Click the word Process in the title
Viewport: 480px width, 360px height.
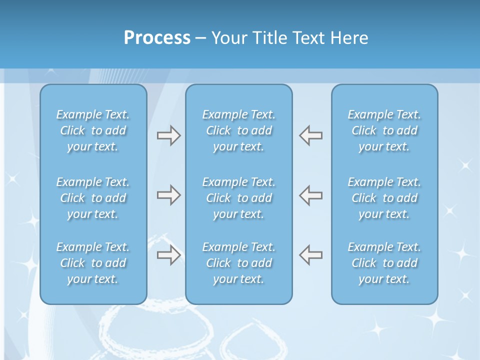point(157,38)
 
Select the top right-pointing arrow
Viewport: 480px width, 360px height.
point(169,135)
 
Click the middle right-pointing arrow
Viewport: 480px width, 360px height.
point(169,194)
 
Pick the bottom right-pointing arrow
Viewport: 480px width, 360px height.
point(169,254)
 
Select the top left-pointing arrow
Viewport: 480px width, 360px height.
point(310,135)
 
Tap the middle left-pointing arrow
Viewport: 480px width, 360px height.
point(310,194)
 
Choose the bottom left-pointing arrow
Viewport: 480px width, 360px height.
point(310,254)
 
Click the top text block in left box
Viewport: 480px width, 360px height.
point(93,130)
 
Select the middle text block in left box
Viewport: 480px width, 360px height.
point(93,198)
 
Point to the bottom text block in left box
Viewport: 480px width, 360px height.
point(93,263)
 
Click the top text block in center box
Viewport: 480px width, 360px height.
point(238,130)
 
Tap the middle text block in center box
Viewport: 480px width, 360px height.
point(238,198)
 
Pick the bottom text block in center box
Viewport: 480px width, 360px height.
point(238,263)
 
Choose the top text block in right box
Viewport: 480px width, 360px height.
point(384,130)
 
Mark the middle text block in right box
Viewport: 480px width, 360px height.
point(384,198)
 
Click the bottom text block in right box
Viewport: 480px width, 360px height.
point(384,263)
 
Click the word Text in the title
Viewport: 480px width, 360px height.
point(308,38)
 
